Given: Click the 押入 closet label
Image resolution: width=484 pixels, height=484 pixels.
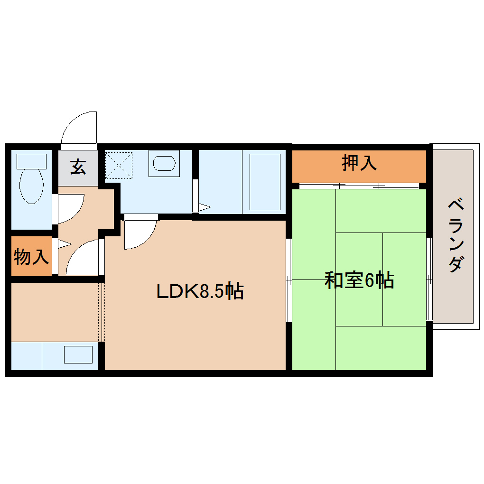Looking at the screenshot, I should [x=359, y=163].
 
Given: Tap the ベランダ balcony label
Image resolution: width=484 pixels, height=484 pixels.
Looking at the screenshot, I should [x=456, y=236].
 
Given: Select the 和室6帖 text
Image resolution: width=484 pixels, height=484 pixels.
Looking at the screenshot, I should [x=359, y=280].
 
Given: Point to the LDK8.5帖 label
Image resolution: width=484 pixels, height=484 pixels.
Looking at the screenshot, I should [x=200, y=291].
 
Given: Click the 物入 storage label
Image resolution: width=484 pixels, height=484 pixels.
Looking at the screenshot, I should [x=31, y=257].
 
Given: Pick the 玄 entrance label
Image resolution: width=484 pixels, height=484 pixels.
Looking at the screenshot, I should [x=78, y=167].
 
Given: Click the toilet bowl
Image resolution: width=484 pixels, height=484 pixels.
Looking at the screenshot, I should [x=31, y=186].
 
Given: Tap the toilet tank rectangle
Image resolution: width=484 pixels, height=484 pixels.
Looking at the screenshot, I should [x=31, y=161].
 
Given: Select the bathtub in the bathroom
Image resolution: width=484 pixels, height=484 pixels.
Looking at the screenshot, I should [x=265, y=182].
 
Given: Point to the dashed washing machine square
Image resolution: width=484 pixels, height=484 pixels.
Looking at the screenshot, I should [x=118, y=165].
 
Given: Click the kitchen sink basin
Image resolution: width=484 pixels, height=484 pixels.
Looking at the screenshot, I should [x=78, y=354].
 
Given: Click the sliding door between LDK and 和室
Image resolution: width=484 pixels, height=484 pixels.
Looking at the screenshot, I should [x=289, y=280].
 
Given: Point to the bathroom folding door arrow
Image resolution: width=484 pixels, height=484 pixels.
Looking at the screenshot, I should [x=204, y=207].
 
